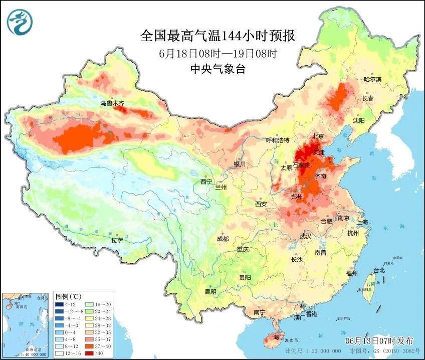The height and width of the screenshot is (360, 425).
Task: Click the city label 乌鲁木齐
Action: [112, 103]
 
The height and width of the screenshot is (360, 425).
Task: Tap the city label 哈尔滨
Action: [372, 79]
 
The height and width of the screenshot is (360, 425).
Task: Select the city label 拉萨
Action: [117, 240]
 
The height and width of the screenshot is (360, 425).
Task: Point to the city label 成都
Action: [223, 239]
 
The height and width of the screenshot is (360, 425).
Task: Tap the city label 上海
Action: [363, 222]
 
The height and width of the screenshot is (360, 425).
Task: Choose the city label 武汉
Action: [305, 235]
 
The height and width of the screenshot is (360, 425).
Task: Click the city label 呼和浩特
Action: [277, 140]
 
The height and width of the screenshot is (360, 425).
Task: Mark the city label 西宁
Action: [206, 182]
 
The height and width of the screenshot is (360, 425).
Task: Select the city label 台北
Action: [378, 270]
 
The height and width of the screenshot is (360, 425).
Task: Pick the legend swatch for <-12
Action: [60, 304]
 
